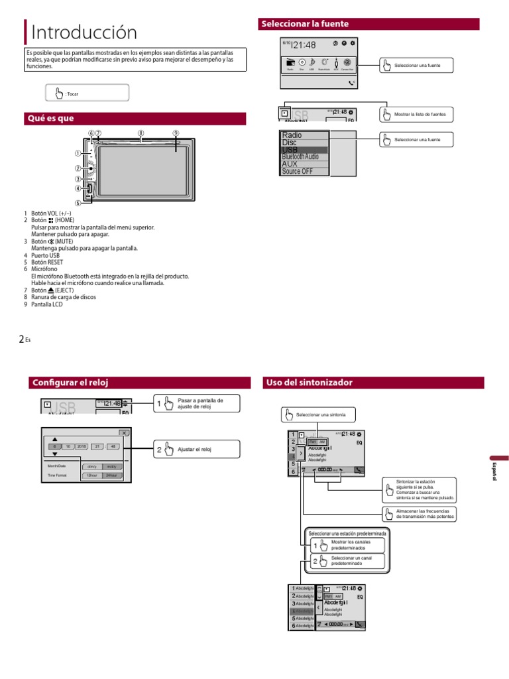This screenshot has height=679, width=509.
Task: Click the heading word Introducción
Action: click(84, 32)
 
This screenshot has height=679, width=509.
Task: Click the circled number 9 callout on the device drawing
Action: click(176, 133)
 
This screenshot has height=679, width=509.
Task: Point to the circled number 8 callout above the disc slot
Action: click(141, 133)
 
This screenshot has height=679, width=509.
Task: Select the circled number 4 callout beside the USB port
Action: click(78, 188)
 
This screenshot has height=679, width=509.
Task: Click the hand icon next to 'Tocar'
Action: click(59, 93)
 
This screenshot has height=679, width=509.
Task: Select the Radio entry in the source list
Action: click(292, 135)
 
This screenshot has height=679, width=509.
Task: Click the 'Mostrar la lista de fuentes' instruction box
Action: click(416, 114)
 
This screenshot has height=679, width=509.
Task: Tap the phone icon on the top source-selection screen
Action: click(351, 84)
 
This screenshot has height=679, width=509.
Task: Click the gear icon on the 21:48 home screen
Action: click(353, 43)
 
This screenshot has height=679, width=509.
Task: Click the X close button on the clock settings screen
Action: click(123, 432)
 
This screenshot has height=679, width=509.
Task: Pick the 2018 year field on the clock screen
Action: click(82, 446)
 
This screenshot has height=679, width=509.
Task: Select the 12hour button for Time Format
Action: click(93, 475)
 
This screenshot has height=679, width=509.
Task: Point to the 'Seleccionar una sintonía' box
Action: click(318, 415)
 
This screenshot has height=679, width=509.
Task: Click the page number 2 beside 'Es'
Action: click(21, 339)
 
